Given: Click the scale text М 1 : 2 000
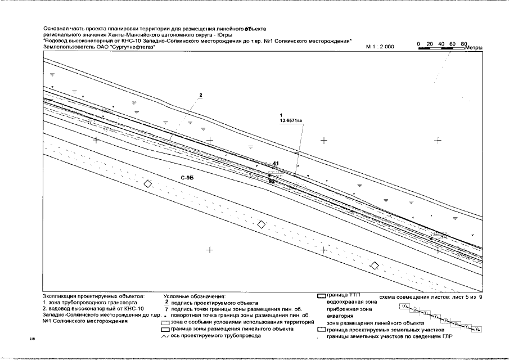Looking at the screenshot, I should (380, 48).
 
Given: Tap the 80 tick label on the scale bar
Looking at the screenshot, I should (463, 43).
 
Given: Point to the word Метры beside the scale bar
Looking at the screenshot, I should (474, 48).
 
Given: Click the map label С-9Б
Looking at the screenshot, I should (187, 178).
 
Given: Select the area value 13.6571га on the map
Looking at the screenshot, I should (290, 120).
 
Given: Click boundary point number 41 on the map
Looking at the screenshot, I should (276, 164).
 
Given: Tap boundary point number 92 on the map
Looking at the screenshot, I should (272, 181).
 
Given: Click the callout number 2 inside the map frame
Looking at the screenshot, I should (200, 94).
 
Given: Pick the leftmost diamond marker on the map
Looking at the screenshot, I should (147, 184).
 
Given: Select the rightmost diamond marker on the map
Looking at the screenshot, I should (374, 265).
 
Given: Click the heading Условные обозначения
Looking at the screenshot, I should (194, 296).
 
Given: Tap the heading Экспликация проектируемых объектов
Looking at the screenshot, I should (93, 296).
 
